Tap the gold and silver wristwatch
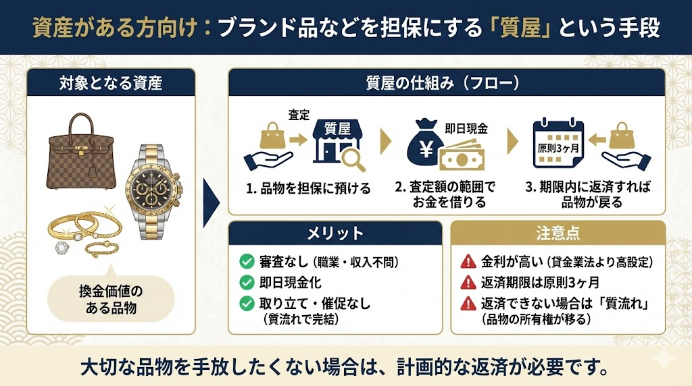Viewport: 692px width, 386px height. pyautogui.click(x=153, y=192)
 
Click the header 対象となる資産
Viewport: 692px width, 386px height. pyautogui.click(x=111, y=83)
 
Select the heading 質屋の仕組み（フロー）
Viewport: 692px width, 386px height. pyautogui.click(x=446, y=83)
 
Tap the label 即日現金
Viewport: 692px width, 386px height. pyautogui.click(x=466, y=129)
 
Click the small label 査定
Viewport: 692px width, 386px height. pyautogui.click(x=299, y=115)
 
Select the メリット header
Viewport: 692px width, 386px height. pyautogui.click(x=335, y=233)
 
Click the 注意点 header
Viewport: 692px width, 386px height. pyautogui.click(x=558, y=233)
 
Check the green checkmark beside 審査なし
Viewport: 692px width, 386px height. pyautogui.click(x=247, y=262)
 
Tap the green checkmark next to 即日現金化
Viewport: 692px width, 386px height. pyautogui.click(x=247, y=283)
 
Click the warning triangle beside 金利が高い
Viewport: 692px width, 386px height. pyautogui.click(x=468, y=262)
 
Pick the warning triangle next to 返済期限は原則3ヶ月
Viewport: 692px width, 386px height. pyautogui.click(x=468, y=283)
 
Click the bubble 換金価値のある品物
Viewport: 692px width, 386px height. pyautogui.click(x=111, y=299)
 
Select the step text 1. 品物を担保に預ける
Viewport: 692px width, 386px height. pyautogui.click(x=308, y=188)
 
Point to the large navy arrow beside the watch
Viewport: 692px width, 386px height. pyautogui.click(x=211, y=202)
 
